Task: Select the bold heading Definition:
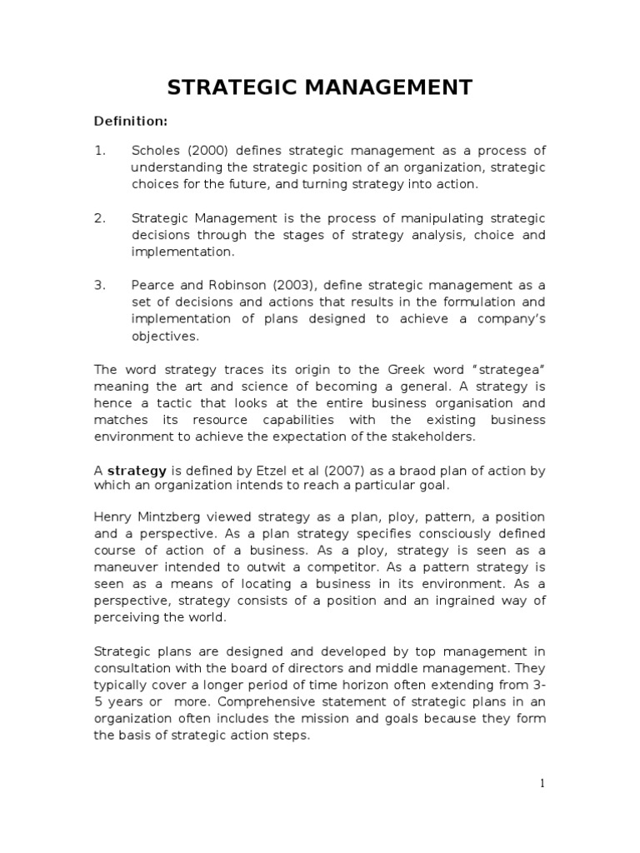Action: pos(130,122)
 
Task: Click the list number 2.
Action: pos(99,218)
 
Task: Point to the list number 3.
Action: pos(99,286)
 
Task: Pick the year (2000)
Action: pos(207,151)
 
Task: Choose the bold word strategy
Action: pos(132,471)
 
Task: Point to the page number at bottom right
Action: pos(542,783)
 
